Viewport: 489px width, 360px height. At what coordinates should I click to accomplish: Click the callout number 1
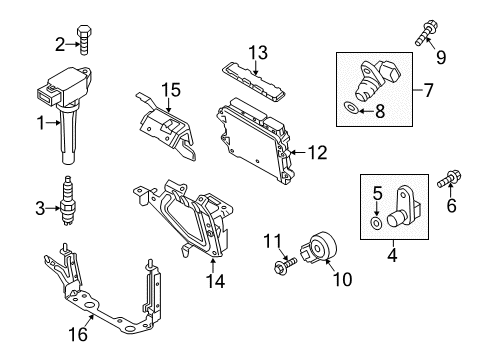click(x=41, y=123)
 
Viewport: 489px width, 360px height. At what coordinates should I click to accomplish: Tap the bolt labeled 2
click(x=84, y=40)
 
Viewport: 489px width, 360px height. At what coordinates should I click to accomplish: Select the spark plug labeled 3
click(x=67, y=201)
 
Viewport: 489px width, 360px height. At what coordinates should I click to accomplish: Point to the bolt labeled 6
click(x=450, y=178)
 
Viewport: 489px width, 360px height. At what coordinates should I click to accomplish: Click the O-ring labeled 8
click(x=351, y=108)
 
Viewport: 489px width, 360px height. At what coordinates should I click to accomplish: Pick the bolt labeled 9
click(x=425, y=33)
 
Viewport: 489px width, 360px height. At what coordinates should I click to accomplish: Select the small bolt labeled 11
click(x=285, y=265)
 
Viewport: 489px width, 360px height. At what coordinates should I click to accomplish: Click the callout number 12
click(x=318, y=153)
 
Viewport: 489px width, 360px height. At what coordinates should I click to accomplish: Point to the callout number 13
click(x=258, y=53)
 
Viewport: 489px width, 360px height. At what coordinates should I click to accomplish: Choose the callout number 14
click(x=215, y=281)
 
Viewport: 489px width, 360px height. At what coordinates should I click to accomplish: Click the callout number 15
click(x=171, y=90)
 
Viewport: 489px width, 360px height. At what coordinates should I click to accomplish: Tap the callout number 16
click(x=78, y=334)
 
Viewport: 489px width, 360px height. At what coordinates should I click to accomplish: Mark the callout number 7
click(x=428, y=90)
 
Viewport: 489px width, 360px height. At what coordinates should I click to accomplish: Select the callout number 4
click(x=393, y=255)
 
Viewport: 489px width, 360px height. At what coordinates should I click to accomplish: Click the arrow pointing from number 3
click(x=53, y=209)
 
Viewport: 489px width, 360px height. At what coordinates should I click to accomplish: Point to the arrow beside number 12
click(x=298, y=153)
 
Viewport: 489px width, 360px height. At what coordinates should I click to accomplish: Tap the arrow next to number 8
click(x=366, y=111)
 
